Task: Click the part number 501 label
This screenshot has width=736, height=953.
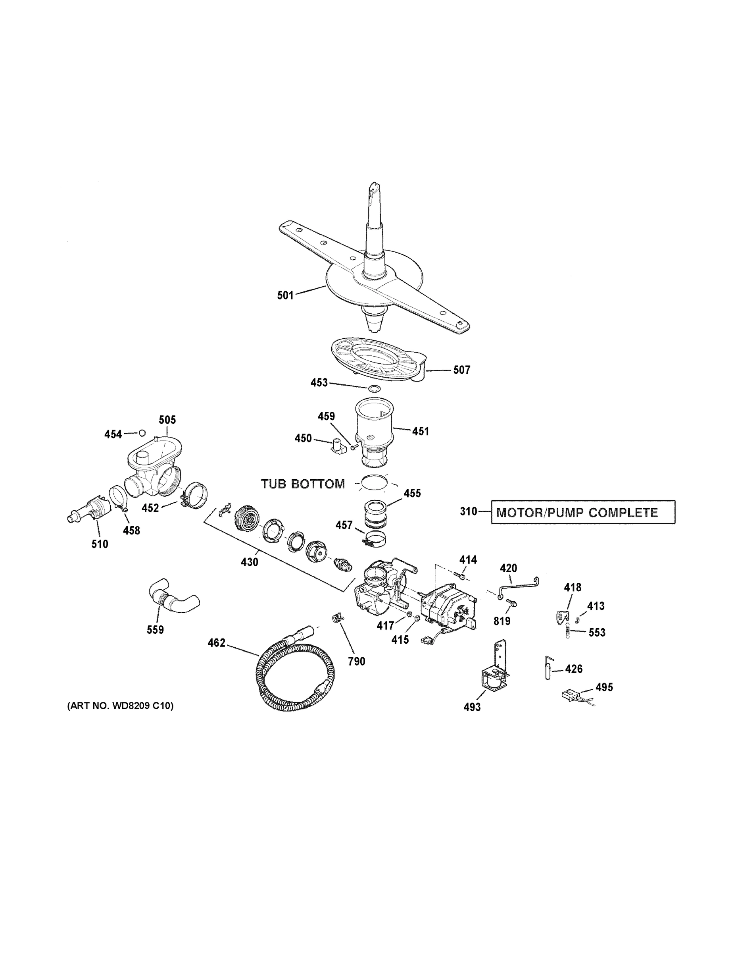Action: tap(285, 295)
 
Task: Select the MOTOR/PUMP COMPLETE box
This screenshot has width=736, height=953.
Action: tap(583, 512)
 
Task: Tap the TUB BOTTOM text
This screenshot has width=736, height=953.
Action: tap(303, 484)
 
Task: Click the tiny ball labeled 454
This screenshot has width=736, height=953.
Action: tap(142, 433)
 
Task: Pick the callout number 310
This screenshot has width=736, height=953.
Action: tap(468, 511)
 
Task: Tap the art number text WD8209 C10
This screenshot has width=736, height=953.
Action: tap(120, 706)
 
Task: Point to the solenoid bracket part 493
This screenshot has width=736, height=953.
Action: tap(496, 671)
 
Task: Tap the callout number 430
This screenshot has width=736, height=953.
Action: tap(250, 562)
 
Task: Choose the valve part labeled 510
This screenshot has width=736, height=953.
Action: tap(89, 511)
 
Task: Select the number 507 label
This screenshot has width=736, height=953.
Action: tap(461, 370)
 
